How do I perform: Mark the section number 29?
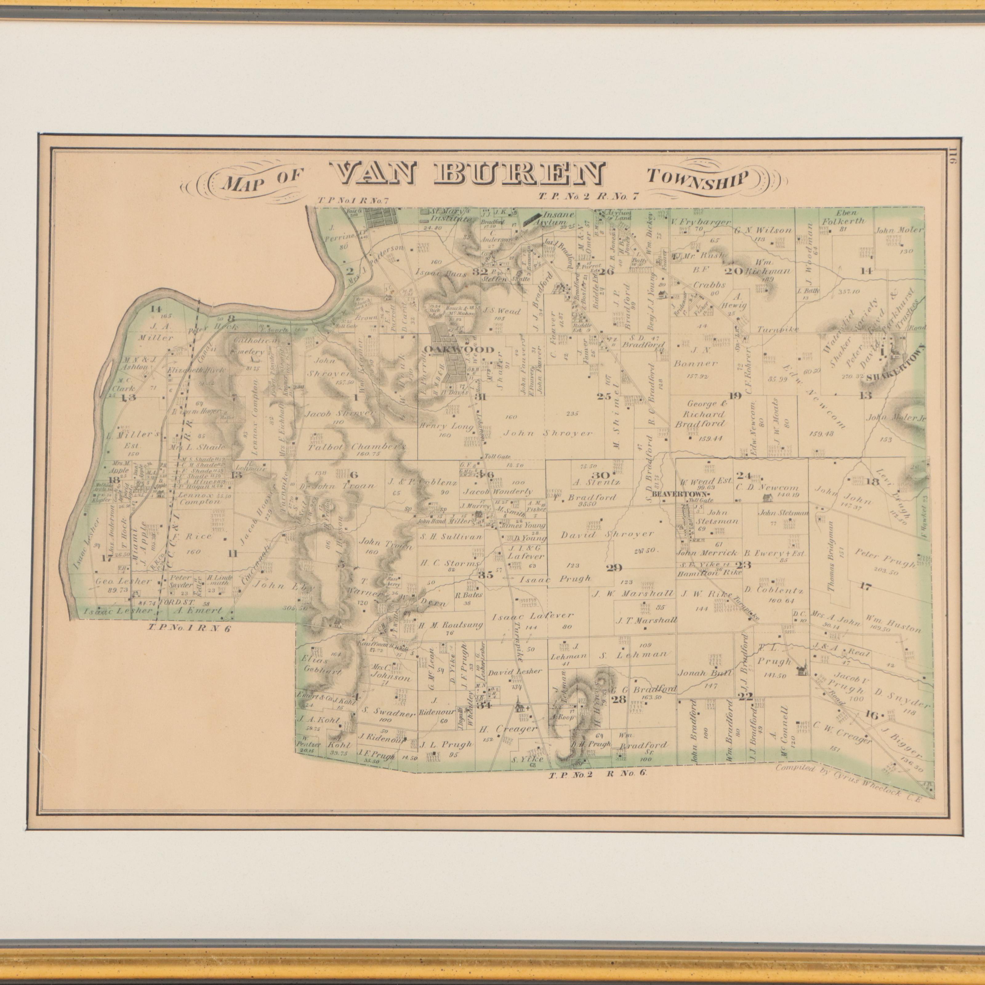[614, 567]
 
